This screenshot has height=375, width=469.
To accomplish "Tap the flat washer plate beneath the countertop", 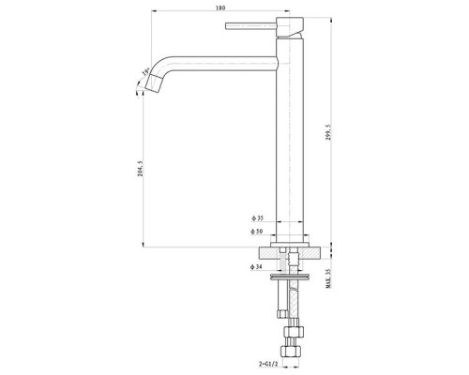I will pos(293,277).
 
